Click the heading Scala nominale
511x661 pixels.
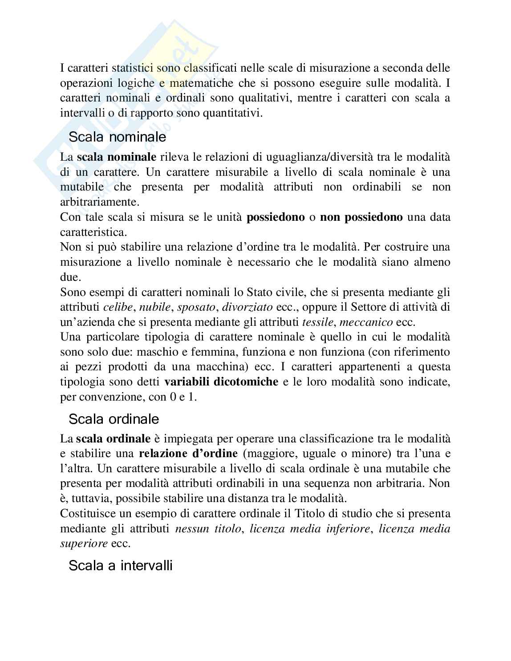pos(117,137)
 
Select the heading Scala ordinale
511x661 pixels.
pos(114,419)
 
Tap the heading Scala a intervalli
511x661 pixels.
pos(120,566)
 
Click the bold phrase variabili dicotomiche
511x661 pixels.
pos(221,382)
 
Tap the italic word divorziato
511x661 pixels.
pos(247,307)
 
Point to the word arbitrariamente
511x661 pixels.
pos(99,202)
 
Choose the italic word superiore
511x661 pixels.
pos(84,543)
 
